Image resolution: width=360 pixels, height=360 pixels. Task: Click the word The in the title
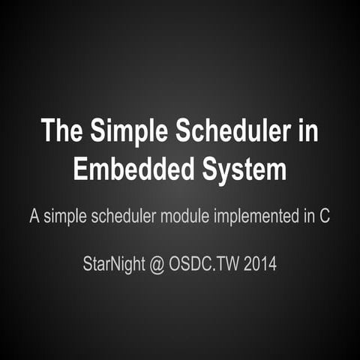[63, 131]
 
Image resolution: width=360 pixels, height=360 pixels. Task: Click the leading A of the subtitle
[34, 217]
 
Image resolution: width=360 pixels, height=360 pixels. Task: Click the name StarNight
[114, 264]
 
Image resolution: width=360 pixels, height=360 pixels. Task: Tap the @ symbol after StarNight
[157, 264]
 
